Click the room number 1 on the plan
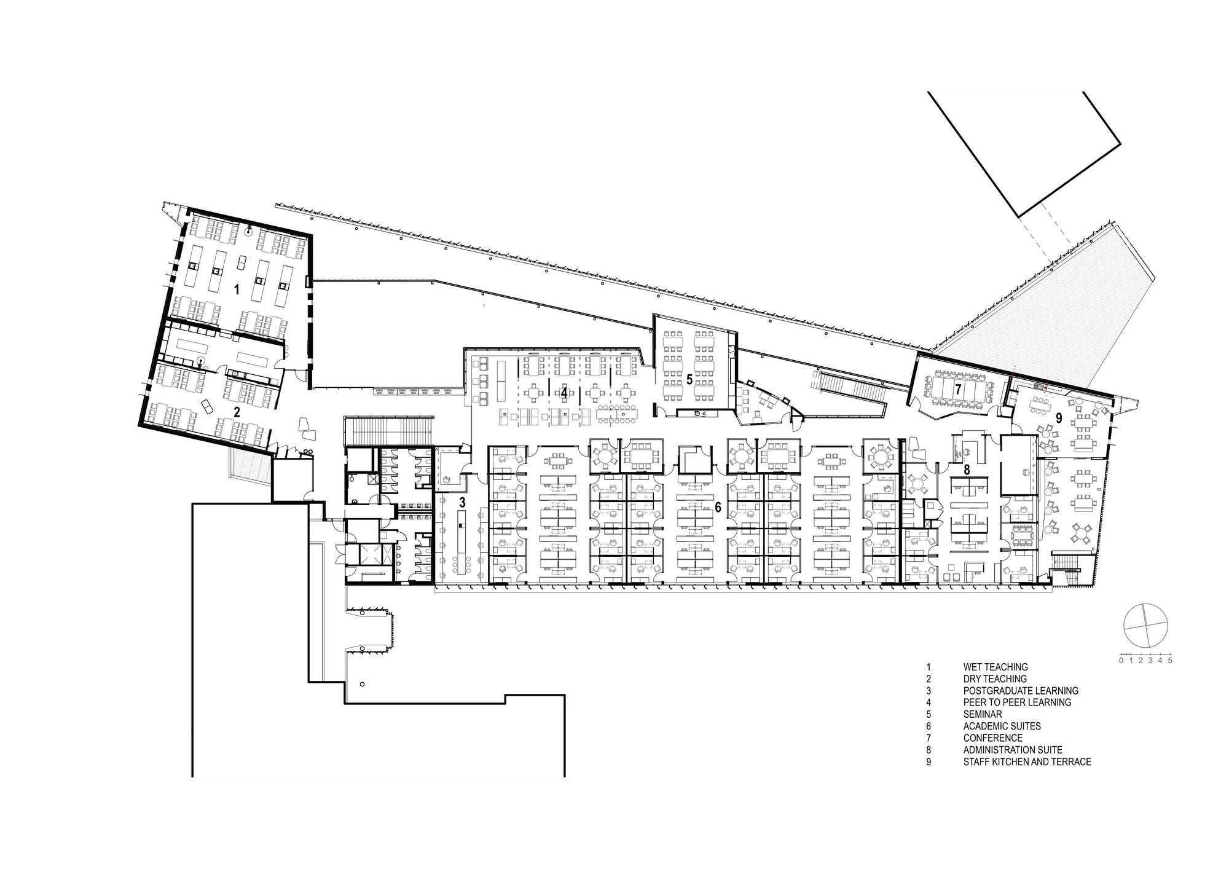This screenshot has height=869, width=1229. pos(236,289)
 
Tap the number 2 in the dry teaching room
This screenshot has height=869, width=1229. pos(236,412)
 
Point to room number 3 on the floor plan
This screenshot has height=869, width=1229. pos(462,502)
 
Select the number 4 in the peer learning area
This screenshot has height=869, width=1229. pos(563,391)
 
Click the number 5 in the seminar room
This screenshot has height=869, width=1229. pos(689,380)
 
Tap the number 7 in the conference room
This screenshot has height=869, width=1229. pos(958,388)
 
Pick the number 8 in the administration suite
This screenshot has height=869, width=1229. pos(967,470)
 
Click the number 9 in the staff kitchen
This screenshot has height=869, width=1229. pos(1059,417)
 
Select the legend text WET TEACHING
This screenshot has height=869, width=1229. pos(995,667)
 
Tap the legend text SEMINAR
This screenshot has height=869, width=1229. pos(983,714)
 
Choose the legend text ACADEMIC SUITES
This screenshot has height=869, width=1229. pos(1002,726)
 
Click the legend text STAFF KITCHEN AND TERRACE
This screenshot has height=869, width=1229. pos(1027,761)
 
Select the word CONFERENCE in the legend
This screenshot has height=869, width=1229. pos(993,738)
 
